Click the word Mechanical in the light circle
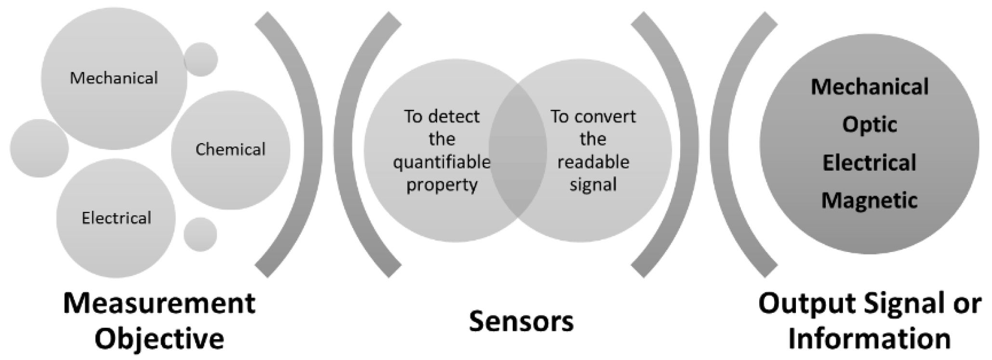[114, 78]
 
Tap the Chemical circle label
[230, 149]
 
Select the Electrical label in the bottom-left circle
[116, 218]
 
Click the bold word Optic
[870, 125]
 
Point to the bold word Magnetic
[870, 200]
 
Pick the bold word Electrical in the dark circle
[870, 163]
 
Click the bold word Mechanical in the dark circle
[870, 87]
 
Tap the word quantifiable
[442, 162]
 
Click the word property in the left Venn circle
[442, 185]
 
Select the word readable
[593, 162]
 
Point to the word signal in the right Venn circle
[593, 185]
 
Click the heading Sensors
[521, 321]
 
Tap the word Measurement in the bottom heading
[159, 304]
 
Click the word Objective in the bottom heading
[159, 339]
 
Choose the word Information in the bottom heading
[870, 339]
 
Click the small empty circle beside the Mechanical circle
[201, 59]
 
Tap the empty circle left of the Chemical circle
[39, 148]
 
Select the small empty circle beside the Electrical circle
[201, 234]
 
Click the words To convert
[593, 117]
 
